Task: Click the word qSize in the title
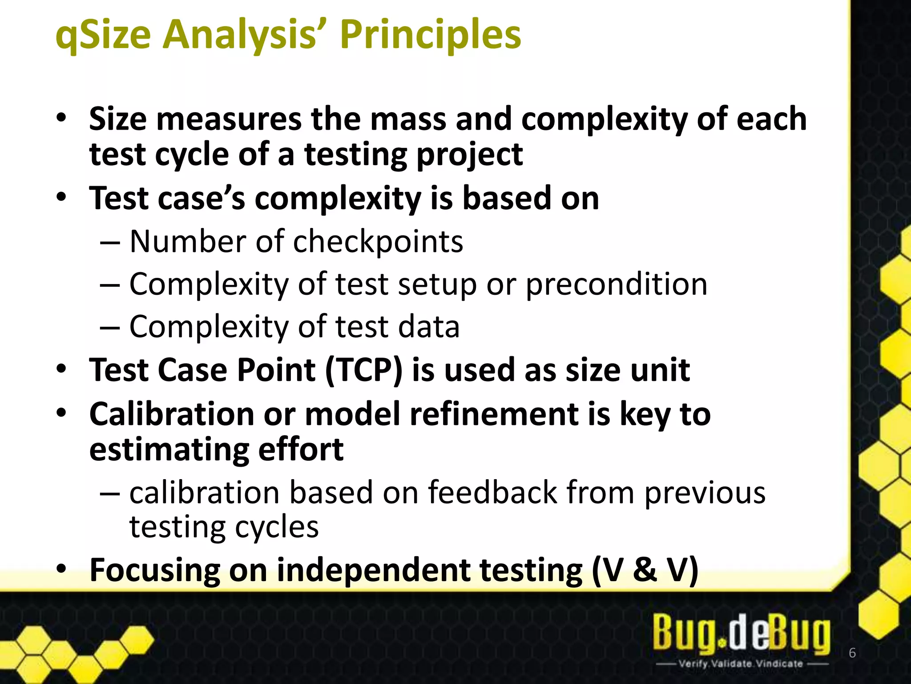(x=103, y=35)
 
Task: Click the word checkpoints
(x=378, y=242)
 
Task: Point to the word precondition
(x=616, y=285)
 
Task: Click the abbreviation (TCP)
(x=363, y=370)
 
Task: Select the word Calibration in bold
(x=171, y=414)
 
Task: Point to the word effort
(x=301, y=449)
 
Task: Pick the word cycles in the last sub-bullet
(x=277, y=527)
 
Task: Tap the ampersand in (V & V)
(x=645, y=570)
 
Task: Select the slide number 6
(x=852, y=653)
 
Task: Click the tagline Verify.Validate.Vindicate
(x=741, y=664)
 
